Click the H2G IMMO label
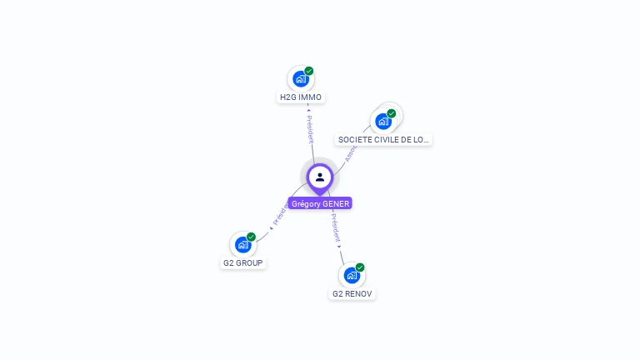(300, 97)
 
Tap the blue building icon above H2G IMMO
(301, 79)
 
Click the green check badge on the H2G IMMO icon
(309, 71)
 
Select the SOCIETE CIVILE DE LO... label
(384, 140)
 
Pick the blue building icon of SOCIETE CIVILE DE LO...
(383, 121)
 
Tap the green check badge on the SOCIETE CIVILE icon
(392, 112)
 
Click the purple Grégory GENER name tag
(320, 203)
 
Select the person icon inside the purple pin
(320, 177)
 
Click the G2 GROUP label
(242, 263)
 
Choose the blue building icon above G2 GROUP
(242, 245)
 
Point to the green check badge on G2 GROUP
(251, 237)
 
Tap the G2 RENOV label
(352, 293)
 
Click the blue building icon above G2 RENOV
(352, 275)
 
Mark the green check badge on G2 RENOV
(360, 267)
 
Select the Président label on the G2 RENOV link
(335, 227)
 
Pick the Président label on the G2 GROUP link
(279, 214)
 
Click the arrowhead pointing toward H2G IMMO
(308, 108)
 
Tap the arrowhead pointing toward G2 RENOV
(340, 247)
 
